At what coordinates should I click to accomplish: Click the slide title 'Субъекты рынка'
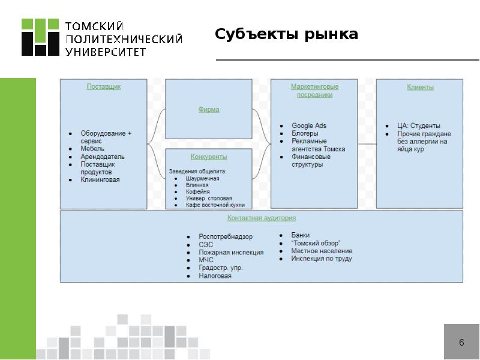[287, 34]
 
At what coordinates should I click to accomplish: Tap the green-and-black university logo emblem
[41, 37]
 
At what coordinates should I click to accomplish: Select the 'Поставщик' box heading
[104, 86]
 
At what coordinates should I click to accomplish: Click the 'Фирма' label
[209, 109]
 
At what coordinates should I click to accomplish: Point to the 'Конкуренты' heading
[209, 157]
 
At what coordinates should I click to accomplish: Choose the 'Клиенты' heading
[420, 87]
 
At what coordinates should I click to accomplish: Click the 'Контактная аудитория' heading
[262, 218]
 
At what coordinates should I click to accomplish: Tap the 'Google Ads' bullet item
[309, 125]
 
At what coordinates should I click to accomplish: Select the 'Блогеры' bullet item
[305, 133]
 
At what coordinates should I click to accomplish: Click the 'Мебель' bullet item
[92, 148]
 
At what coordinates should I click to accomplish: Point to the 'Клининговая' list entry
[100, 179]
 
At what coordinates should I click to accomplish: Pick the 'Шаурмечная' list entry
[202, 178]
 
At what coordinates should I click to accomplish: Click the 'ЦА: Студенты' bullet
[419, 125]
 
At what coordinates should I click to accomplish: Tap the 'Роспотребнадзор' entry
[226, 237]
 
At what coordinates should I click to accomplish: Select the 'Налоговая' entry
[215, 276]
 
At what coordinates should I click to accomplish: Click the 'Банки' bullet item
[301, 235]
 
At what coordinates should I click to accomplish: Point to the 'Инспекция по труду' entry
[322, 259]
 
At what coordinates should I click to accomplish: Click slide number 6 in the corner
[461, 343]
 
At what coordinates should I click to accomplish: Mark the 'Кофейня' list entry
[197, 191]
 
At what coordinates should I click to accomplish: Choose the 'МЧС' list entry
[206, 260]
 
